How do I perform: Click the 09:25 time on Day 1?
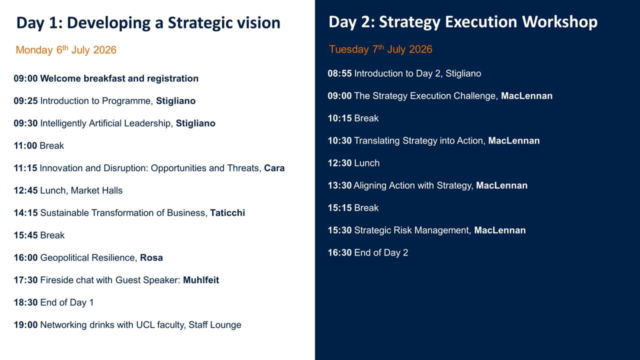click(25, 101)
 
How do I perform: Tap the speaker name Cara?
click(274, 168)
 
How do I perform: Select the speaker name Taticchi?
click(227, 213)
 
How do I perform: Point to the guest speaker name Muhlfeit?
click(201, 280)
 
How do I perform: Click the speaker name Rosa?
click(151, 257)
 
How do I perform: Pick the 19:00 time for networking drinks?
click(25, 325)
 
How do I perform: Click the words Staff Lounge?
click(215, 325)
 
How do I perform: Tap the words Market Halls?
click(96, 190)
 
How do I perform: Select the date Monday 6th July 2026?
click(66, 49)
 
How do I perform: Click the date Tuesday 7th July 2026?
click(380, 49)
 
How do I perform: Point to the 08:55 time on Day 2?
click(339, 73)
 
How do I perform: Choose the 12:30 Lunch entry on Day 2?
click(353, 163)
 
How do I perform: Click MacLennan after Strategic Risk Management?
click(500, 230)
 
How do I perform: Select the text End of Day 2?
click(381, 252)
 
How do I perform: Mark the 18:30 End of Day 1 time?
click(25, 302)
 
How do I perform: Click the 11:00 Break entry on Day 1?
click(39, 145)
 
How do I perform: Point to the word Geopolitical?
click(65, 257)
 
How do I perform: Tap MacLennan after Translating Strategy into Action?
click(514, 140)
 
